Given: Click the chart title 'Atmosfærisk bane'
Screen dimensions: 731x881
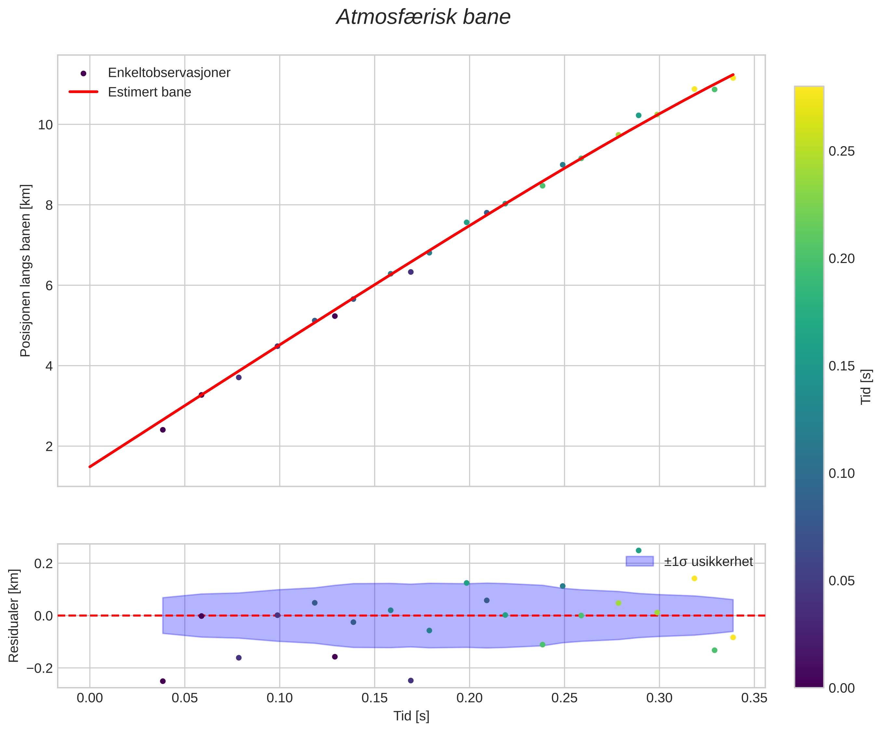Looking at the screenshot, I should [x=423, y=18].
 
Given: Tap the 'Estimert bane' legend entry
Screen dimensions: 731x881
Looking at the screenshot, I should [x=149, y=92].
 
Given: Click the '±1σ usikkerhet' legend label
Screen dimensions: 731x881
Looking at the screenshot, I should [x=708, y=561].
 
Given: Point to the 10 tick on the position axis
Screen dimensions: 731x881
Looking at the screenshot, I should [x=45, y=125].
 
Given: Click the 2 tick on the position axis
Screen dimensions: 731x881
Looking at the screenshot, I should [x=49, y=446].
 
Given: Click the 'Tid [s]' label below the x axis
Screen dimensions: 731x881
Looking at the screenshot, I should [x=411, y=716].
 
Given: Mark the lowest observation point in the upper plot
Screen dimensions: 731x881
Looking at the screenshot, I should [x=163, y=430].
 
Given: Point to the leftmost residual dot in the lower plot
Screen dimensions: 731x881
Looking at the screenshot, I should [x=163, y=681].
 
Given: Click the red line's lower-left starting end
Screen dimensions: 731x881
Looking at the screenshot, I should [x=90, y=466].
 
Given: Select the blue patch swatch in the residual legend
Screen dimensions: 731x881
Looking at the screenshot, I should [x=639, y=561].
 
